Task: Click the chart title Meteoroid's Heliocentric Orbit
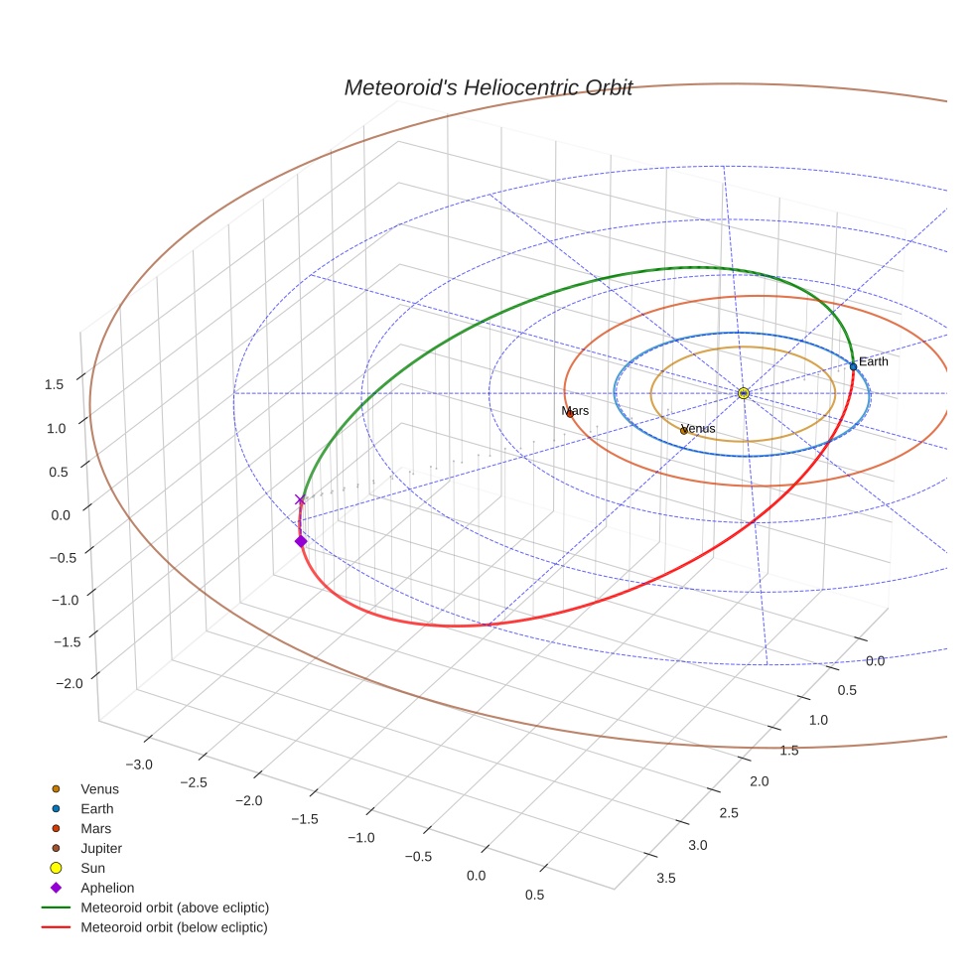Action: (x=488, y=87)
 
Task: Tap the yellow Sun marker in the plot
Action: (x=744, y=393)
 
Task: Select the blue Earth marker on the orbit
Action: (x=853, y=366)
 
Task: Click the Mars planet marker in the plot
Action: (x=570, y=413)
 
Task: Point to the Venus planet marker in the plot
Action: (x=684, y=430)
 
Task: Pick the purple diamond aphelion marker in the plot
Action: (x=300, y=541)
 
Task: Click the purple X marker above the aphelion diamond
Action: (x=300, y=500)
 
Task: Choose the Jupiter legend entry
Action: (x=101, y=848)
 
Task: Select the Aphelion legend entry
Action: (x=107, y=888)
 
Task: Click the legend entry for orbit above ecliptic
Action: (x=175, y=907)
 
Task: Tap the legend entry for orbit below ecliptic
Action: (x=174, y=927)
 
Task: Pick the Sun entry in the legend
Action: (x=93, y=868)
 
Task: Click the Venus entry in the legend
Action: (x=99, y=788)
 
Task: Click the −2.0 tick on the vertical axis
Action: (x=51, y=684)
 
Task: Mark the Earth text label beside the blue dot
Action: (x=874, y=361)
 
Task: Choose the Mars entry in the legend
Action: (x=95, y=828)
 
